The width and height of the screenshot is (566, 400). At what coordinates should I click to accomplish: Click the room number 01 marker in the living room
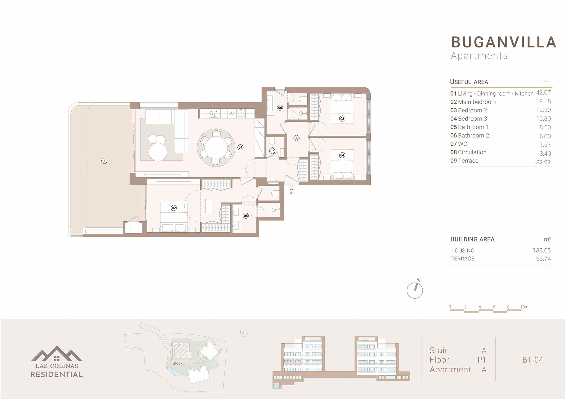(x=240, y=147)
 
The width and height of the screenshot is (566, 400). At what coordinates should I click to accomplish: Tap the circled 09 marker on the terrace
(x=104, y=161)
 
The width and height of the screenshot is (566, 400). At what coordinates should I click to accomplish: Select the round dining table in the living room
(x=216, y=148)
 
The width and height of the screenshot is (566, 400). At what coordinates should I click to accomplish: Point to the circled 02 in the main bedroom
(x=174, y=208)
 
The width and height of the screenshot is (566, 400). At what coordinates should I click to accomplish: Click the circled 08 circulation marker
(x=297, y=138)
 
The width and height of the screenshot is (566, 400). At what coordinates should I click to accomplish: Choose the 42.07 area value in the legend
(x=543, y=93)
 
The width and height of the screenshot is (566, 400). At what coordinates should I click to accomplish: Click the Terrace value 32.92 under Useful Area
(x=543, y=162)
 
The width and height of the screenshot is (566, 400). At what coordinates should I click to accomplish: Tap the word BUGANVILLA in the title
(x=504, y=42)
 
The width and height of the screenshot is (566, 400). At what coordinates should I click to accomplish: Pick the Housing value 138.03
(x=542, y=250)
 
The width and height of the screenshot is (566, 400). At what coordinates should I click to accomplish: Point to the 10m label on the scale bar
(x=524, y=307)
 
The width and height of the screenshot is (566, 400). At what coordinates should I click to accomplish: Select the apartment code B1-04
(x=533, y=360)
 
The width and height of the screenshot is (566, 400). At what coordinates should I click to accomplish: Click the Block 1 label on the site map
(x=179, y=363)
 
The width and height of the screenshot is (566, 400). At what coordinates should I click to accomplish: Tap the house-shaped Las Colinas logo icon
(x=57, y=354)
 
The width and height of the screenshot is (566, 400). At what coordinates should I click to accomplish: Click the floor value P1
(x=482, y=360)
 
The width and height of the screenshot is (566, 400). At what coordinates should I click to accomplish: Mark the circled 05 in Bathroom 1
(x=246, y=216)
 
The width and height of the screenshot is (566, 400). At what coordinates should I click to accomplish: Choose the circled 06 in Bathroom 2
(x=280, y=107)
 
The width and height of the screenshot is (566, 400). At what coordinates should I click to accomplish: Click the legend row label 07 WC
(x=459, y=144)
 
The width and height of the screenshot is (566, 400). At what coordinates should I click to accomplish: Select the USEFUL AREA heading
(x=469, y=82)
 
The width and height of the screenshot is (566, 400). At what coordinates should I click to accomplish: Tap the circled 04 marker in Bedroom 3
(x=342, y=155)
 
